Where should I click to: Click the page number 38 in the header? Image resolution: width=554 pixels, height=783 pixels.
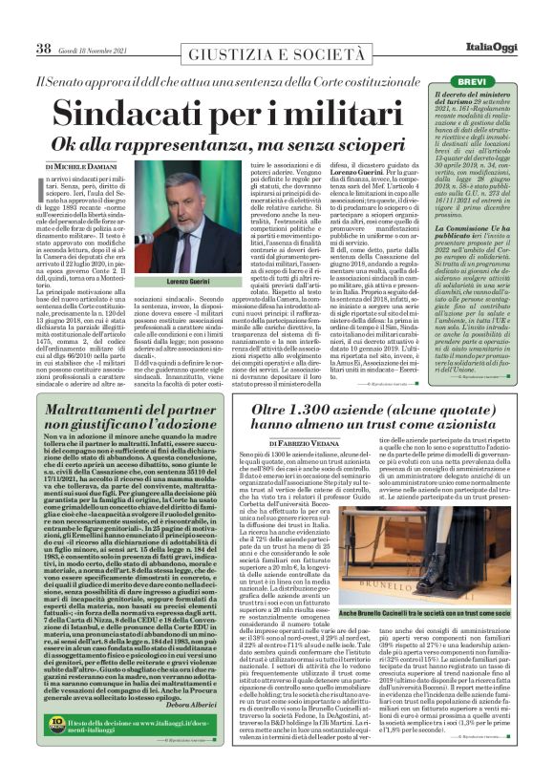tap(43, 49)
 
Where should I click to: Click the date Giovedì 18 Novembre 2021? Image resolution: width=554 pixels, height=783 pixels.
tap(97, 49)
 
